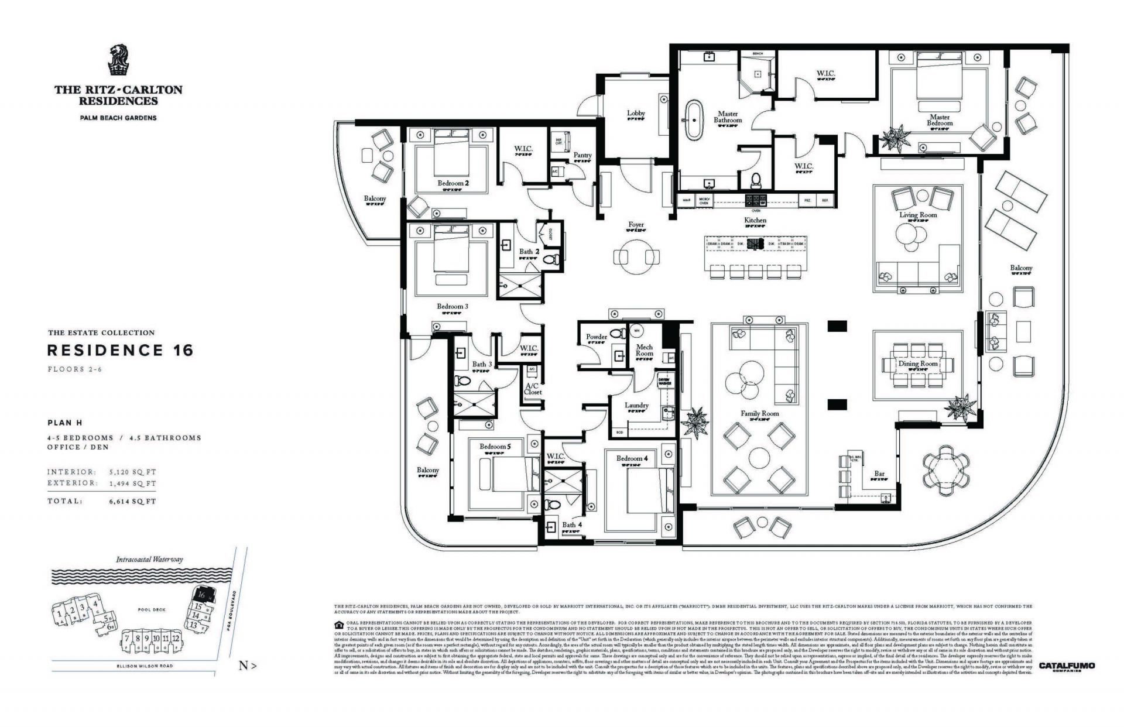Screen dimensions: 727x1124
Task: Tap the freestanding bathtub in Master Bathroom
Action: [x=694, y=120]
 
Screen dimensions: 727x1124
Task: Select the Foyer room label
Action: [x=636, y=225]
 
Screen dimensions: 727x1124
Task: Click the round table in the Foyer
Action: [x=636, y=257]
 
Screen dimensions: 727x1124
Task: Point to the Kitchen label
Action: [x=755, y=220]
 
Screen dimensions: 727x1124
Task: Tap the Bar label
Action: [x=879, y=474]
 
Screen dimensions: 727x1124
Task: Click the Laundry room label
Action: [x=636, y=405]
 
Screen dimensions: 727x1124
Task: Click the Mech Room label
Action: [x=645, y=350]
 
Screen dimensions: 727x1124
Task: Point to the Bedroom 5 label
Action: [x=495, y=447]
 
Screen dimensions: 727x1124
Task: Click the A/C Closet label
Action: [x=533, y=389]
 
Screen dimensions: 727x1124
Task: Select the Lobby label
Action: [x=636, y=113]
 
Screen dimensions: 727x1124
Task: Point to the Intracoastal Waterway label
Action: [x=149, y=560]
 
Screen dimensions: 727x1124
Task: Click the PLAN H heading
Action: [x=65, y=423]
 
